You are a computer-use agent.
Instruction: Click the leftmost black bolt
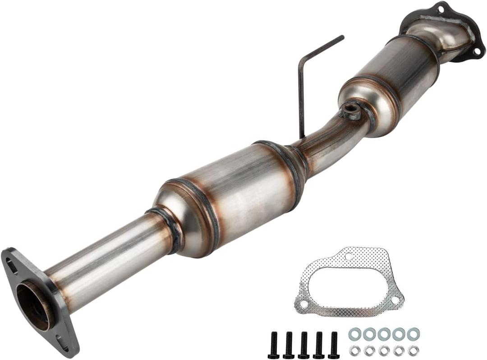click(273, 345)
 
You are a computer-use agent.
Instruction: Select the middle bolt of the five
click(303, 345)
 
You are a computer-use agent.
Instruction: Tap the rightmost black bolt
click(334, 345)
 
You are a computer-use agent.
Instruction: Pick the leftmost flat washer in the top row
click(355, 334)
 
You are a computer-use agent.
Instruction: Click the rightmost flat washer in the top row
click(413, 334)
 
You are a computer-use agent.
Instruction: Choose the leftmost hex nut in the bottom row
click(355, 351)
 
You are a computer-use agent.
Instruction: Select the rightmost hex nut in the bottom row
click(413, 351)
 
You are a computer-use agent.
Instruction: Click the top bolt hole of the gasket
click(348, 256)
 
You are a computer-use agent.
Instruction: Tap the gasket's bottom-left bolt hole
click(303, 305)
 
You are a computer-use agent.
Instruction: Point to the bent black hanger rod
click(301, 86)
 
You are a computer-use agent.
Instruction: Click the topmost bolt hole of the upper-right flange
click(441, 8)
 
